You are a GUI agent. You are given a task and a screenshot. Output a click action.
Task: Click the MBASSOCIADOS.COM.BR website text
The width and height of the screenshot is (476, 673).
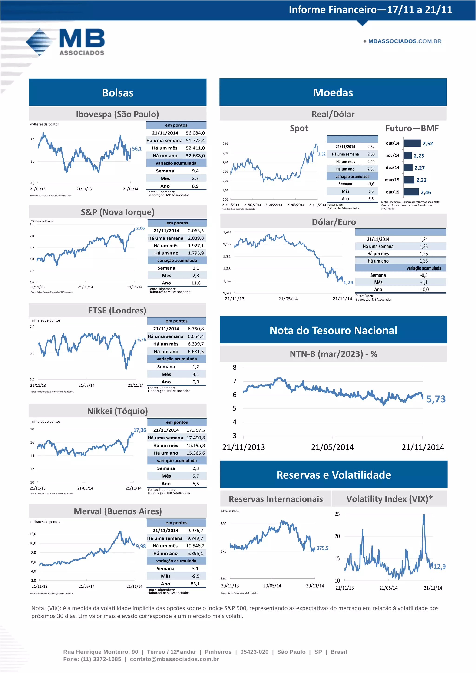point(404,41)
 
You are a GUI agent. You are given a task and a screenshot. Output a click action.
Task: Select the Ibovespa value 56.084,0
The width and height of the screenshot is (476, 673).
point(195,133)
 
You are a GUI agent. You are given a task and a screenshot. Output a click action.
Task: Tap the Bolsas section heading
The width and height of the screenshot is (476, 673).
point(118,93)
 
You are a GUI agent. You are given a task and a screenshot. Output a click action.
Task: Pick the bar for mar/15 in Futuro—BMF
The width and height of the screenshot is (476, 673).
point(409,180)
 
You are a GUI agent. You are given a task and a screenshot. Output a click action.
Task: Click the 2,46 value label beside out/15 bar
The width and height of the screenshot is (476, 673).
point(426,193)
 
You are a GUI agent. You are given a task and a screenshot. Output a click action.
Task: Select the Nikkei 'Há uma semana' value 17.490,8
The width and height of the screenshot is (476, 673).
point(195,438)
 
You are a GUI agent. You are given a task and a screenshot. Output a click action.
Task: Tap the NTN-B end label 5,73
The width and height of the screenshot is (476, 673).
point(436,399)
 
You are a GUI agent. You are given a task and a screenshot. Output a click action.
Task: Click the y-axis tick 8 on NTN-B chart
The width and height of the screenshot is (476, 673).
point(235,368)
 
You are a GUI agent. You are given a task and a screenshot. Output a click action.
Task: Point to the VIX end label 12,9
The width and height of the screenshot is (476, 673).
point(439,567)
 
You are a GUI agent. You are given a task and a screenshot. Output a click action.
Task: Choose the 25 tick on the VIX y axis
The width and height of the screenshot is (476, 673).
point(337,514)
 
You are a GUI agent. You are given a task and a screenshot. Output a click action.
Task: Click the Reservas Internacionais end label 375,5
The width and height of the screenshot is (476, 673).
point(322,548)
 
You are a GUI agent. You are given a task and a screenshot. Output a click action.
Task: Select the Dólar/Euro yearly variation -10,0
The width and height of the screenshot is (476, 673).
point(424,290)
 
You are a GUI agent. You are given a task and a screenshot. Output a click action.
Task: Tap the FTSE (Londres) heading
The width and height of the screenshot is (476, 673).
point(117,310)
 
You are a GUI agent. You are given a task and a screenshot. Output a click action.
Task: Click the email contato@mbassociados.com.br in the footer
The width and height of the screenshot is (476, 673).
point(174,659)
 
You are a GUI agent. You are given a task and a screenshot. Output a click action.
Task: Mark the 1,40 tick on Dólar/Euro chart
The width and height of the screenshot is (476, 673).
point(227,232)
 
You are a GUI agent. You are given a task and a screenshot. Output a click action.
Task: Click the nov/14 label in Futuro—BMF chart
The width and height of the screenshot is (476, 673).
point(392,155)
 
